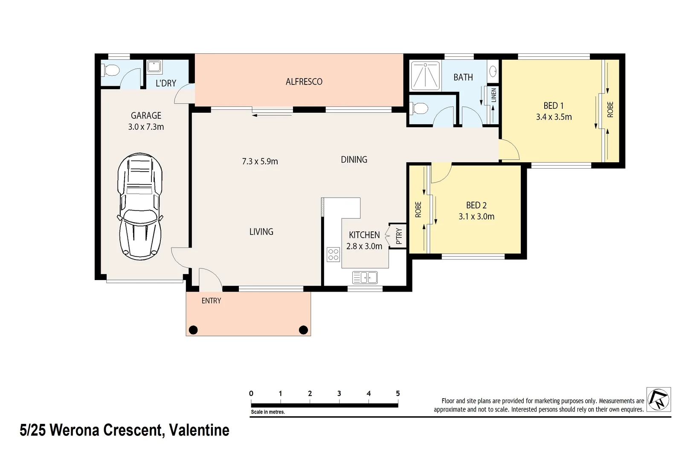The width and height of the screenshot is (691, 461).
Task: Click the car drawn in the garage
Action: [x=140, y=206]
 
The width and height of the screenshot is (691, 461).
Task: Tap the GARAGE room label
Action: [x=146, y=115]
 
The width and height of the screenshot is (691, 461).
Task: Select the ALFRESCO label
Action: [x=304, y=82]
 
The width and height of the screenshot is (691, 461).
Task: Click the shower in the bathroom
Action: [x=425, y=76]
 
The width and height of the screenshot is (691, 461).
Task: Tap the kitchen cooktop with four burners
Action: [x=333, y=254]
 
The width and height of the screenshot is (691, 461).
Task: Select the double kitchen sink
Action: [x=365, y=277]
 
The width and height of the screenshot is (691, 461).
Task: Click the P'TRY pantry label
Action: [x=399, y=236]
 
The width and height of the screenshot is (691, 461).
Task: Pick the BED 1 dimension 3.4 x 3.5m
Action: [x=554, y=117]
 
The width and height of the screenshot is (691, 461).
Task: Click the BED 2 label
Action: [x=476, y=205]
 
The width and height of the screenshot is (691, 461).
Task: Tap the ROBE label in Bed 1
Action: [x=610, y=110]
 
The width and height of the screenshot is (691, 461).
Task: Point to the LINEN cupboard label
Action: [x=494, y=95]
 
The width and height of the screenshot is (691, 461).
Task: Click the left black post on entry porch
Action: [x=193, y=330]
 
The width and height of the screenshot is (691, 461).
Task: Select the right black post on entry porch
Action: [x=303, y=330]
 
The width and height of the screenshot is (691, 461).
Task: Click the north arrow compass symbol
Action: [x=659, y=399]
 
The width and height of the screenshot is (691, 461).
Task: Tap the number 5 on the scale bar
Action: [x=398, y=394]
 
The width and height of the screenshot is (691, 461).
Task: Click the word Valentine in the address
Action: [x=199, y=430]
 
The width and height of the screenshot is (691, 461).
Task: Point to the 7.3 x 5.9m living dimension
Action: [x=260, y=161]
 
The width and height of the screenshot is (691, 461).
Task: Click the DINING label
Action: [x=354, y=160]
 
